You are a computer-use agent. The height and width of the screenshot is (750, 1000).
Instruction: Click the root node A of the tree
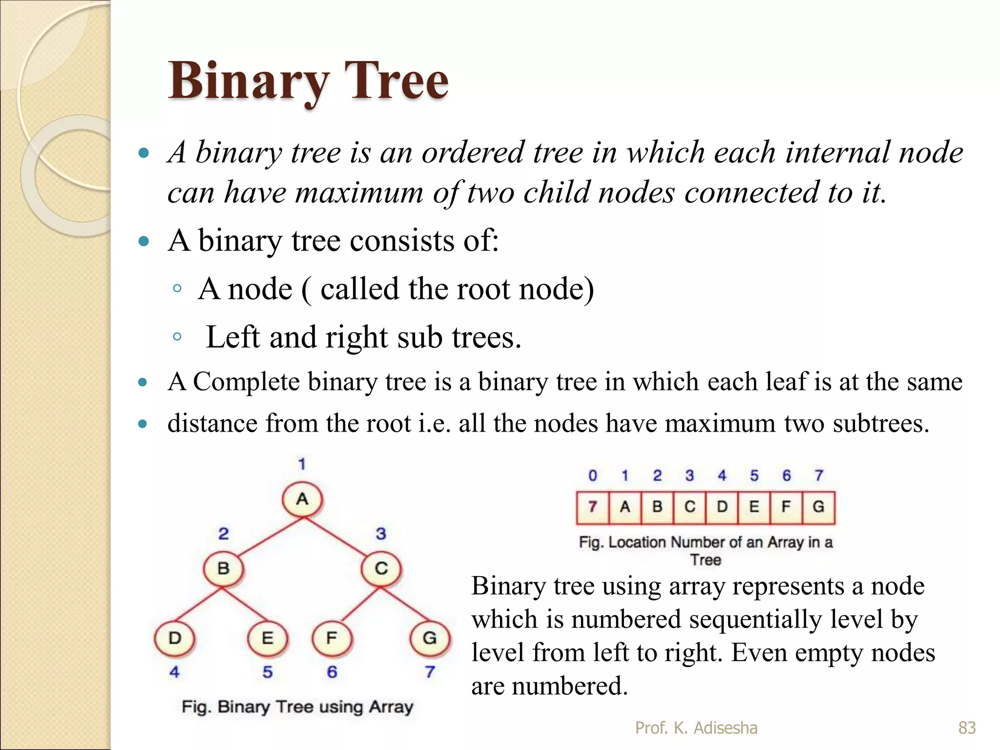(x=302, y=500)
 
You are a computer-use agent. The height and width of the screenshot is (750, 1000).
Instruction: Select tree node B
(x=223, y=569)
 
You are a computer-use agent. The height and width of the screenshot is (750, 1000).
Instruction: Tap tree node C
(x=381, y=569)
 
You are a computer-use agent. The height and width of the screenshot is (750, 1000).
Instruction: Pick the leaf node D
(x=174, y=639)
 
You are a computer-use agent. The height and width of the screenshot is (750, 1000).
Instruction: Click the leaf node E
(x=268, y=639)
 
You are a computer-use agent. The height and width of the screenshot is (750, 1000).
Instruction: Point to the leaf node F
(x=332, y=639)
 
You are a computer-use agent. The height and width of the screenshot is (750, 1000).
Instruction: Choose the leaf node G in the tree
(x=430, y=639)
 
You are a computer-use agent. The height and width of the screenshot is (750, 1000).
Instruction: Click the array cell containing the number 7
(x=592, y=508)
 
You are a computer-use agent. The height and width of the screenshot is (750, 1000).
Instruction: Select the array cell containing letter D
(x=722, y=508)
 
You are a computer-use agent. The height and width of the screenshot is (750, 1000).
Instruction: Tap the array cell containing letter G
(x=818, y=508)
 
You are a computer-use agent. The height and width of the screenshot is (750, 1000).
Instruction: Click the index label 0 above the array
(x=592, y=476)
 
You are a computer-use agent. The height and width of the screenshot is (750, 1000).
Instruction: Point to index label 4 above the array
(x=722, y=476)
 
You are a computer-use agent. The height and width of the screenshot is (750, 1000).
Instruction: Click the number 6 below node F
(x=332, y=672)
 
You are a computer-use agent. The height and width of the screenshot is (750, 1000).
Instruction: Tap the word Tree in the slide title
(x=396, y=81)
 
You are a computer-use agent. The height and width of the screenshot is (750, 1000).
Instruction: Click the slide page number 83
(x=967, y=728)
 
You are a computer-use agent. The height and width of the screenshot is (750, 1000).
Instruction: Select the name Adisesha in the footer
(x=726, y=728)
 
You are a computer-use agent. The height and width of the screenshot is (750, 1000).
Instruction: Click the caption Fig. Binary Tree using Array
(x=297, y=707)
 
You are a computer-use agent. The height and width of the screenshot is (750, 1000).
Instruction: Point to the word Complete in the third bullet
(x=246, y=382)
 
